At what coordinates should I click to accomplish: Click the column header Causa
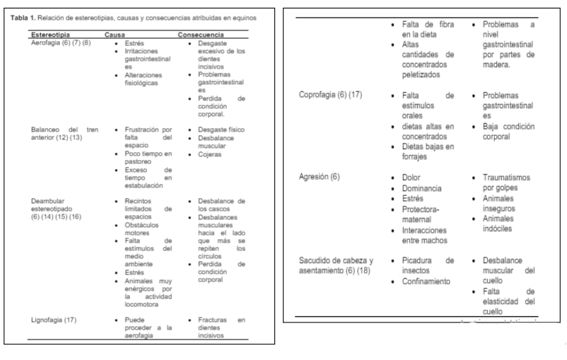(116, 34)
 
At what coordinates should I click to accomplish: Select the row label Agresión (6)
(320, 177)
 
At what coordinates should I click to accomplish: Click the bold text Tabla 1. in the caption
(25, 17)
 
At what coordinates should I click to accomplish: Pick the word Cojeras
(209, 154)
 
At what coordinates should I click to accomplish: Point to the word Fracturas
(212, 320)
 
